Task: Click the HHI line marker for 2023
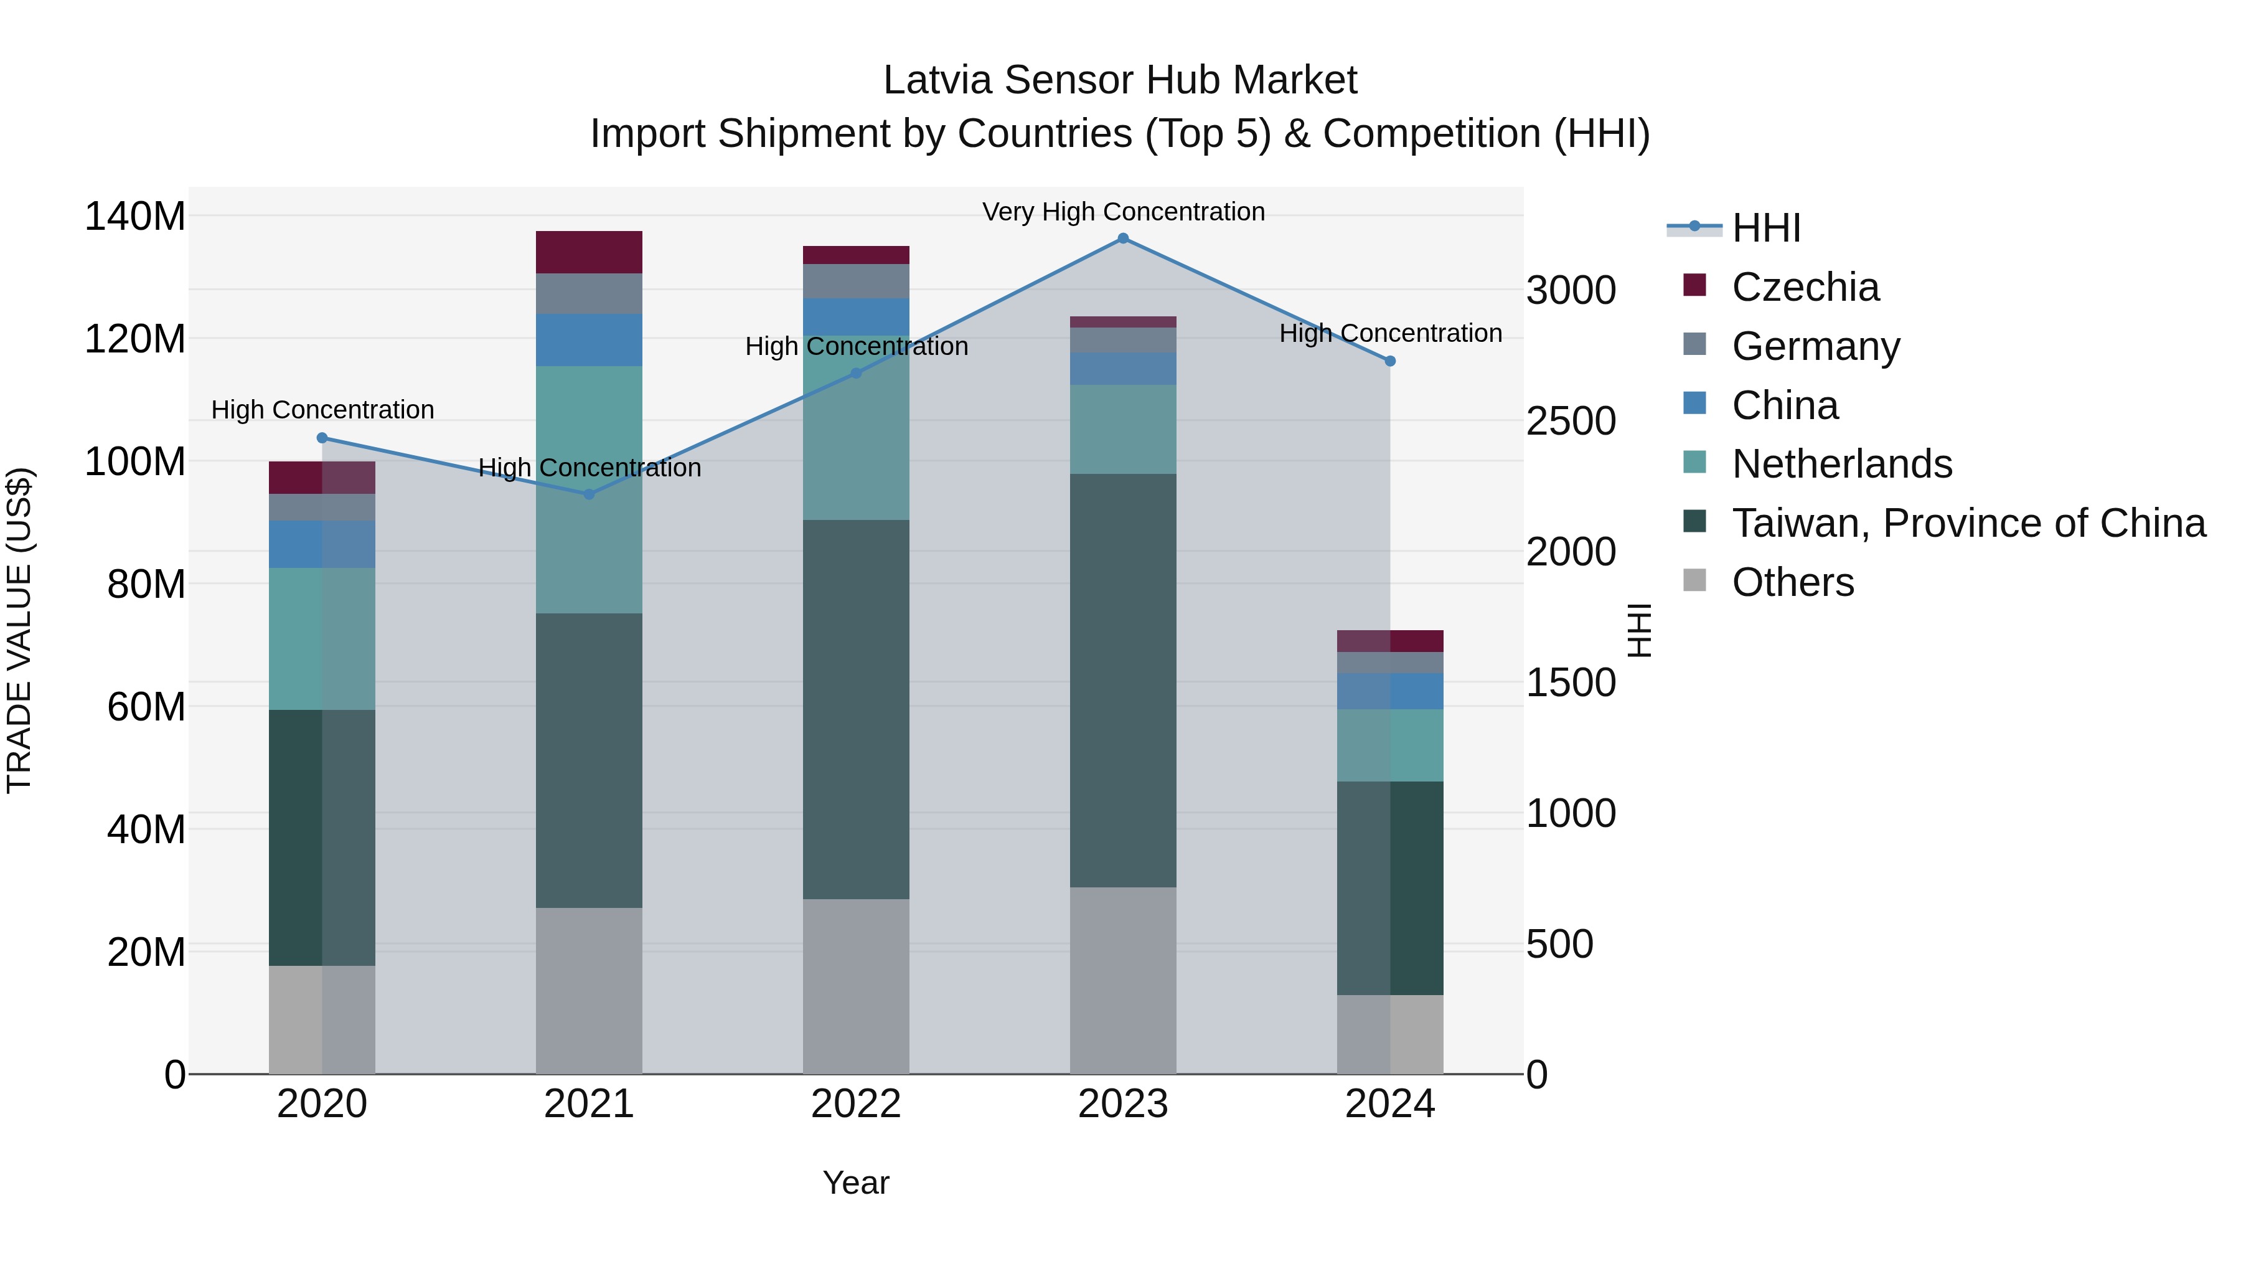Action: [x=1122, y=239]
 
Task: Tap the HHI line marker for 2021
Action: [x=589, y=494]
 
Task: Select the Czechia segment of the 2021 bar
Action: [x=589, y=252]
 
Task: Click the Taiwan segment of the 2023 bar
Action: [x=1122, y=681]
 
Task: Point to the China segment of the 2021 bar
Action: [x=589, y=340]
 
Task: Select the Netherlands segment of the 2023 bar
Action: [x=1122, y=429]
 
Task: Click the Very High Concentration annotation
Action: [x=1123, y=212]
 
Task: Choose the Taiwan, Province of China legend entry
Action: [x=1968, y=523]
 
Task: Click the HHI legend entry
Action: [x=1765, y=228]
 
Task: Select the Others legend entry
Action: [x=1792, y=582]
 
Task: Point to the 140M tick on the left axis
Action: [x=135, y=216]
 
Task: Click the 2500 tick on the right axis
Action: [x=1571, y=421]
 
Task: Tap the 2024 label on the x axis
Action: [x=1389, y=1104]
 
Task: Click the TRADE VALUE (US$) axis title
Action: [x=19, y=630]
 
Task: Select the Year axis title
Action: [x=855, y=1183]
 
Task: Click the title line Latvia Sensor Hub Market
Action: [x=1120, y=80]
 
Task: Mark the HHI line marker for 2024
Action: [x=1389, y=361]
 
